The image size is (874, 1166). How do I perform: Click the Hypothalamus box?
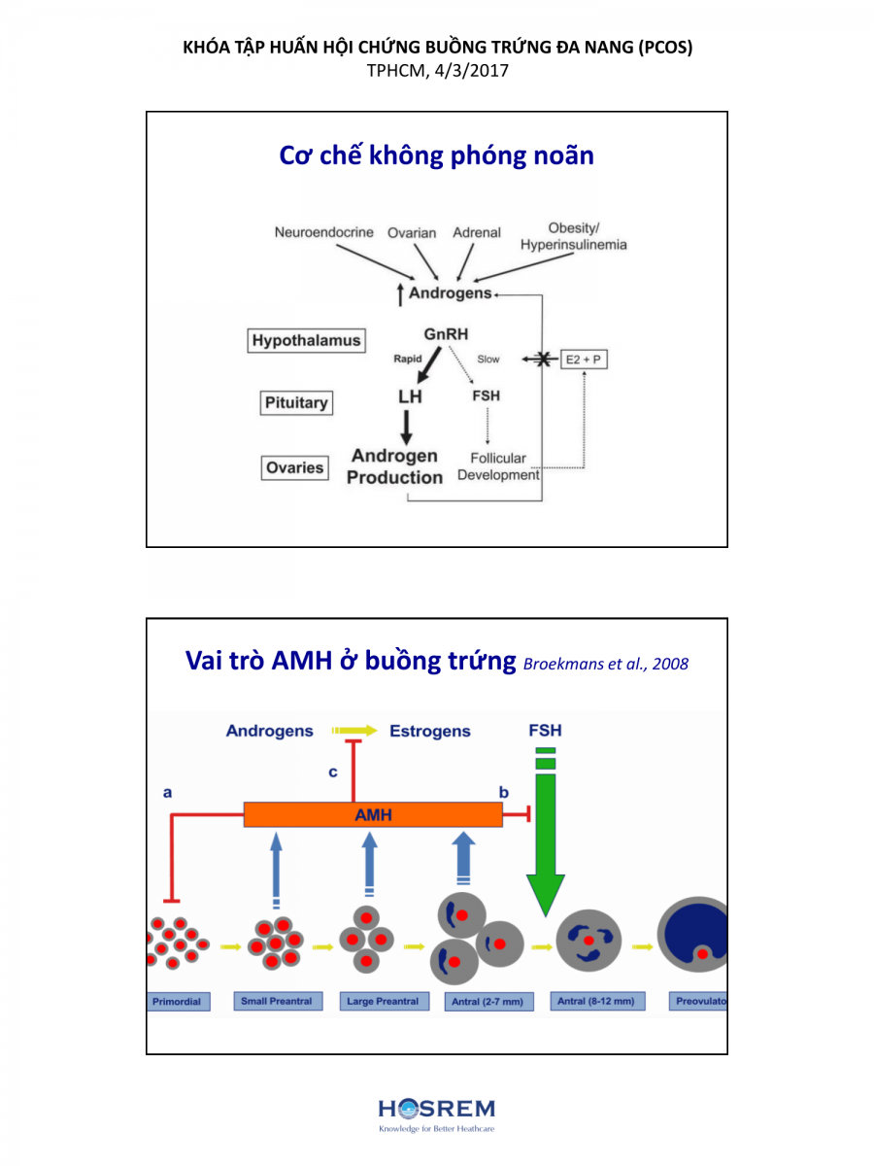click(x=306, y=340)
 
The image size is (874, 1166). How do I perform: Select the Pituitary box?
click(x=296, y=403)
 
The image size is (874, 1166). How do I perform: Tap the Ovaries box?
click(x=294, y=467)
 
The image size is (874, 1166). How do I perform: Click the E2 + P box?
click(x=586, y=360)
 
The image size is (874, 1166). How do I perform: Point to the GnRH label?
click(x=446, y=334)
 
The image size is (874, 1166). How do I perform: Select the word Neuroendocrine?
click(x=323, y=233)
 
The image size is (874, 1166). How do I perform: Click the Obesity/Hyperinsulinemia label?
click(x=573, y=237)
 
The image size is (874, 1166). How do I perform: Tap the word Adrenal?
click(x=477, y=233)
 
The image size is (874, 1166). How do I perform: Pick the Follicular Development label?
click(x=498, y=466)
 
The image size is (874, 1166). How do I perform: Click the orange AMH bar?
click(x=373, y=814)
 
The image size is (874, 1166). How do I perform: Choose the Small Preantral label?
click(x=277, y=1001)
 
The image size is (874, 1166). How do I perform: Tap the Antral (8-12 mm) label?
click(x=595, y=1001)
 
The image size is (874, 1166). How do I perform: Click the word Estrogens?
click(x=429, y=731)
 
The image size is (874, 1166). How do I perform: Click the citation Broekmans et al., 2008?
click(x=606, y=665)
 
